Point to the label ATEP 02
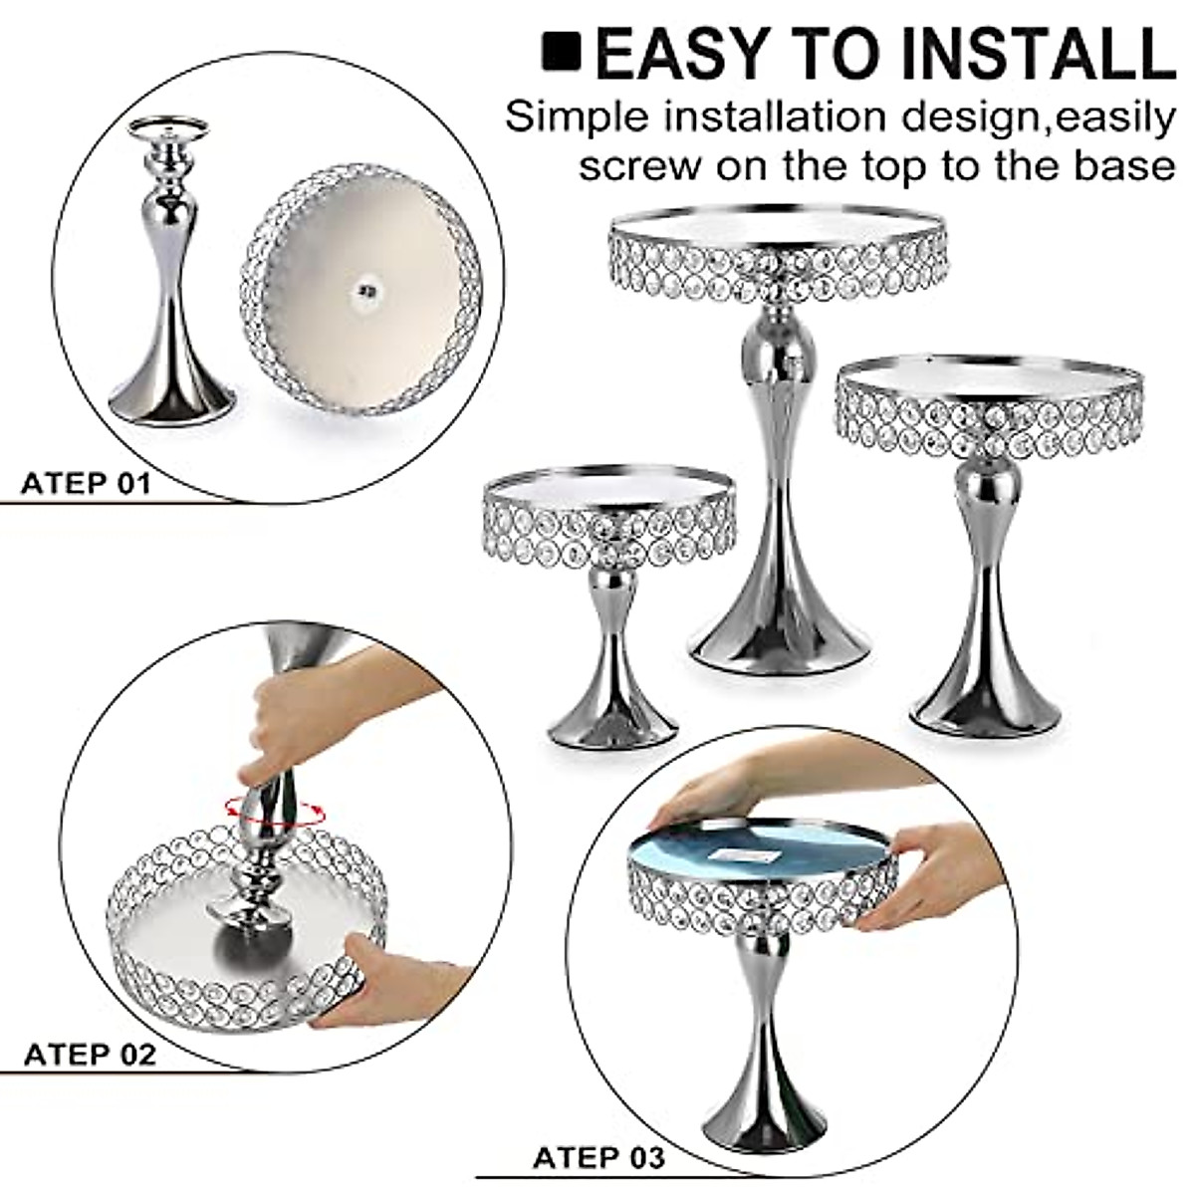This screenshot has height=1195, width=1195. (90, 1054)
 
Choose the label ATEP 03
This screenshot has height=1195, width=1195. (598, 1158)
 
